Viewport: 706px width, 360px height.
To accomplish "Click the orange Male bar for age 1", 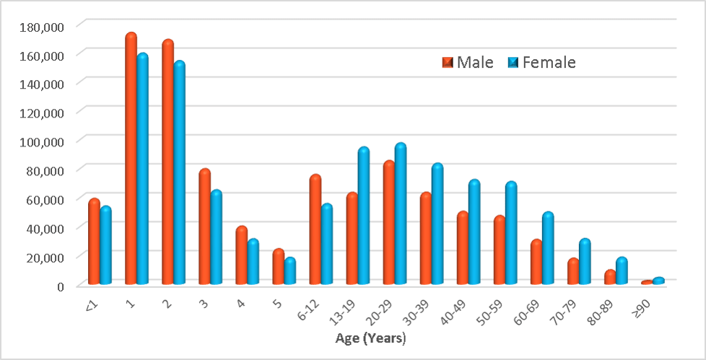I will pyautogui.click(x=131, y=159).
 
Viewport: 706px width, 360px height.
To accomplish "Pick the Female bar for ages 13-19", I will pyautogui.click(x=363, y=216).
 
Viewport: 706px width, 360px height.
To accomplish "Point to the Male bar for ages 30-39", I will pyautogui.click(x=426, y=238).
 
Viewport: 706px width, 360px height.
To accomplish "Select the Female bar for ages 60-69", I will pyautogui.click(x=547, y=248).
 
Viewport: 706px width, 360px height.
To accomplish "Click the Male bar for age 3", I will pyautogui.click(x=204, y=227).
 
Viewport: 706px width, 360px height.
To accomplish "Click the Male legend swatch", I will pyautogui.click(x=448, y=63).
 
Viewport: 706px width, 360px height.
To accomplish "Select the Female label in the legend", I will pyautogui.click(x=549, y=63).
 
